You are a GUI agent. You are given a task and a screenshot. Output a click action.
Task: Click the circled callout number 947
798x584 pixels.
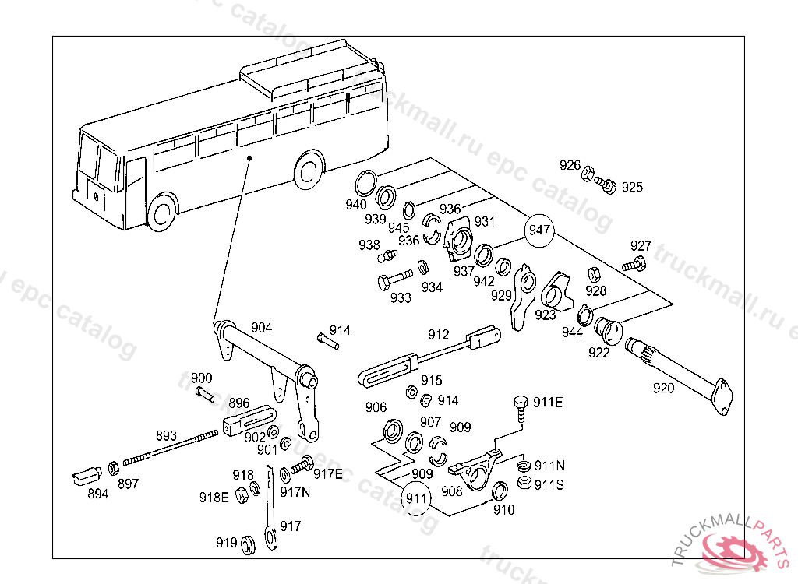click(x=539, y=230)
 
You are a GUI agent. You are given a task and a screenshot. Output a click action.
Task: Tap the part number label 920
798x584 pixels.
click(x=663, y=388)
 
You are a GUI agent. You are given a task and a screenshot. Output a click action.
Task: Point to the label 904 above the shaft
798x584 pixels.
click(x=261, y=328)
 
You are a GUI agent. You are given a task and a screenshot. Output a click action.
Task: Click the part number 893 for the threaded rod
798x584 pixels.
click(x=166, y=435)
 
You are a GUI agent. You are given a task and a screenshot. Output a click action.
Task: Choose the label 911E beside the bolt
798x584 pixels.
click(x=548, y=402)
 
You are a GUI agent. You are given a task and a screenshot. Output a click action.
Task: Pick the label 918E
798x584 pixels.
click(x=214, y=497)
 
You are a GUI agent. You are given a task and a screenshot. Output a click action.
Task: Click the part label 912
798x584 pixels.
click(x=439, y=334)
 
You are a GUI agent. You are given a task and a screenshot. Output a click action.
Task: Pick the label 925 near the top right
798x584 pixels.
click(x=632, y=188)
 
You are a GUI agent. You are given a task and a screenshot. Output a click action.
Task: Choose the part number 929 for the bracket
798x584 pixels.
click(x=501, y=295)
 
